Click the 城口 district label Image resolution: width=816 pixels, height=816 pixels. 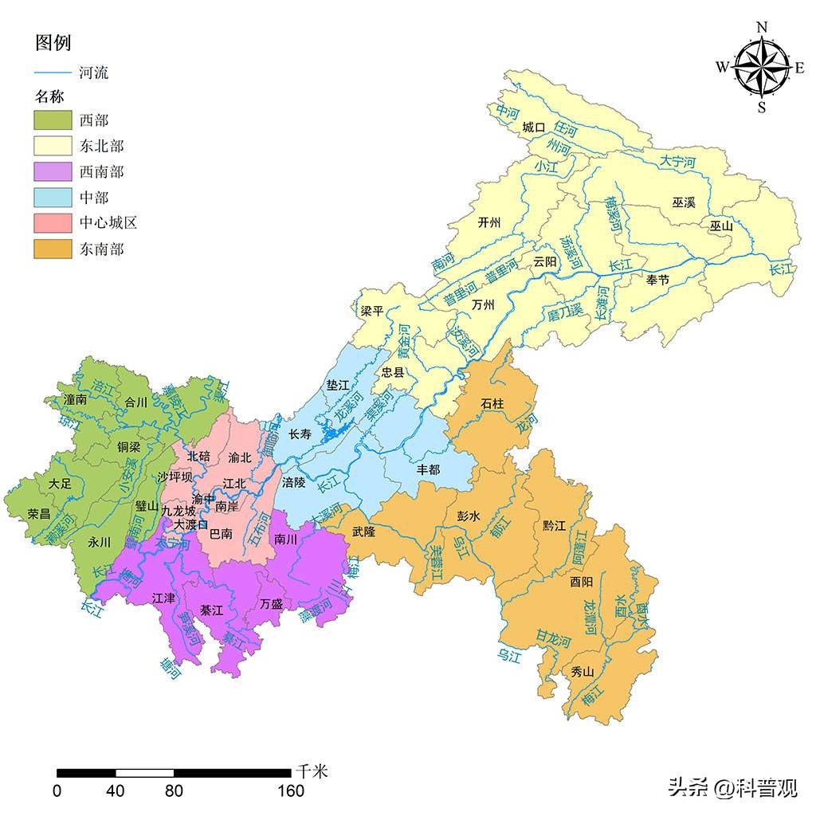(x=534, y=127)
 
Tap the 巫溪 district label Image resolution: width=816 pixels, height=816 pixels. (x=684, y=202)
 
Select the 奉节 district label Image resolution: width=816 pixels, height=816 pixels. (x=658, y=280)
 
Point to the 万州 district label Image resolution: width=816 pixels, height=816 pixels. (x=483, y=305)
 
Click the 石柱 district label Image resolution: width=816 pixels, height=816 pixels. (x=492, y=403)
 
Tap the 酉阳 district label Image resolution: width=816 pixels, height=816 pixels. (x=582, y=581)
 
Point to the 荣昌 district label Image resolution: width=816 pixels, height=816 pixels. (x=39, y=513)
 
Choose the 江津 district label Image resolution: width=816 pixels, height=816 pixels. (x=163, y=597)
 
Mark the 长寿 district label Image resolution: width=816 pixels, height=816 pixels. (x=300, y=434)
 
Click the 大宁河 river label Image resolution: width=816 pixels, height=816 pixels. (x=677, y=162)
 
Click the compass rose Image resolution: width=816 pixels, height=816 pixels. (x=761, y=68)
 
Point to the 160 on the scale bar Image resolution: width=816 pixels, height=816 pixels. (x=291, y=790)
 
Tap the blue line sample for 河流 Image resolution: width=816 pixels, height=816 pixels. (x=52, y=73)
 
